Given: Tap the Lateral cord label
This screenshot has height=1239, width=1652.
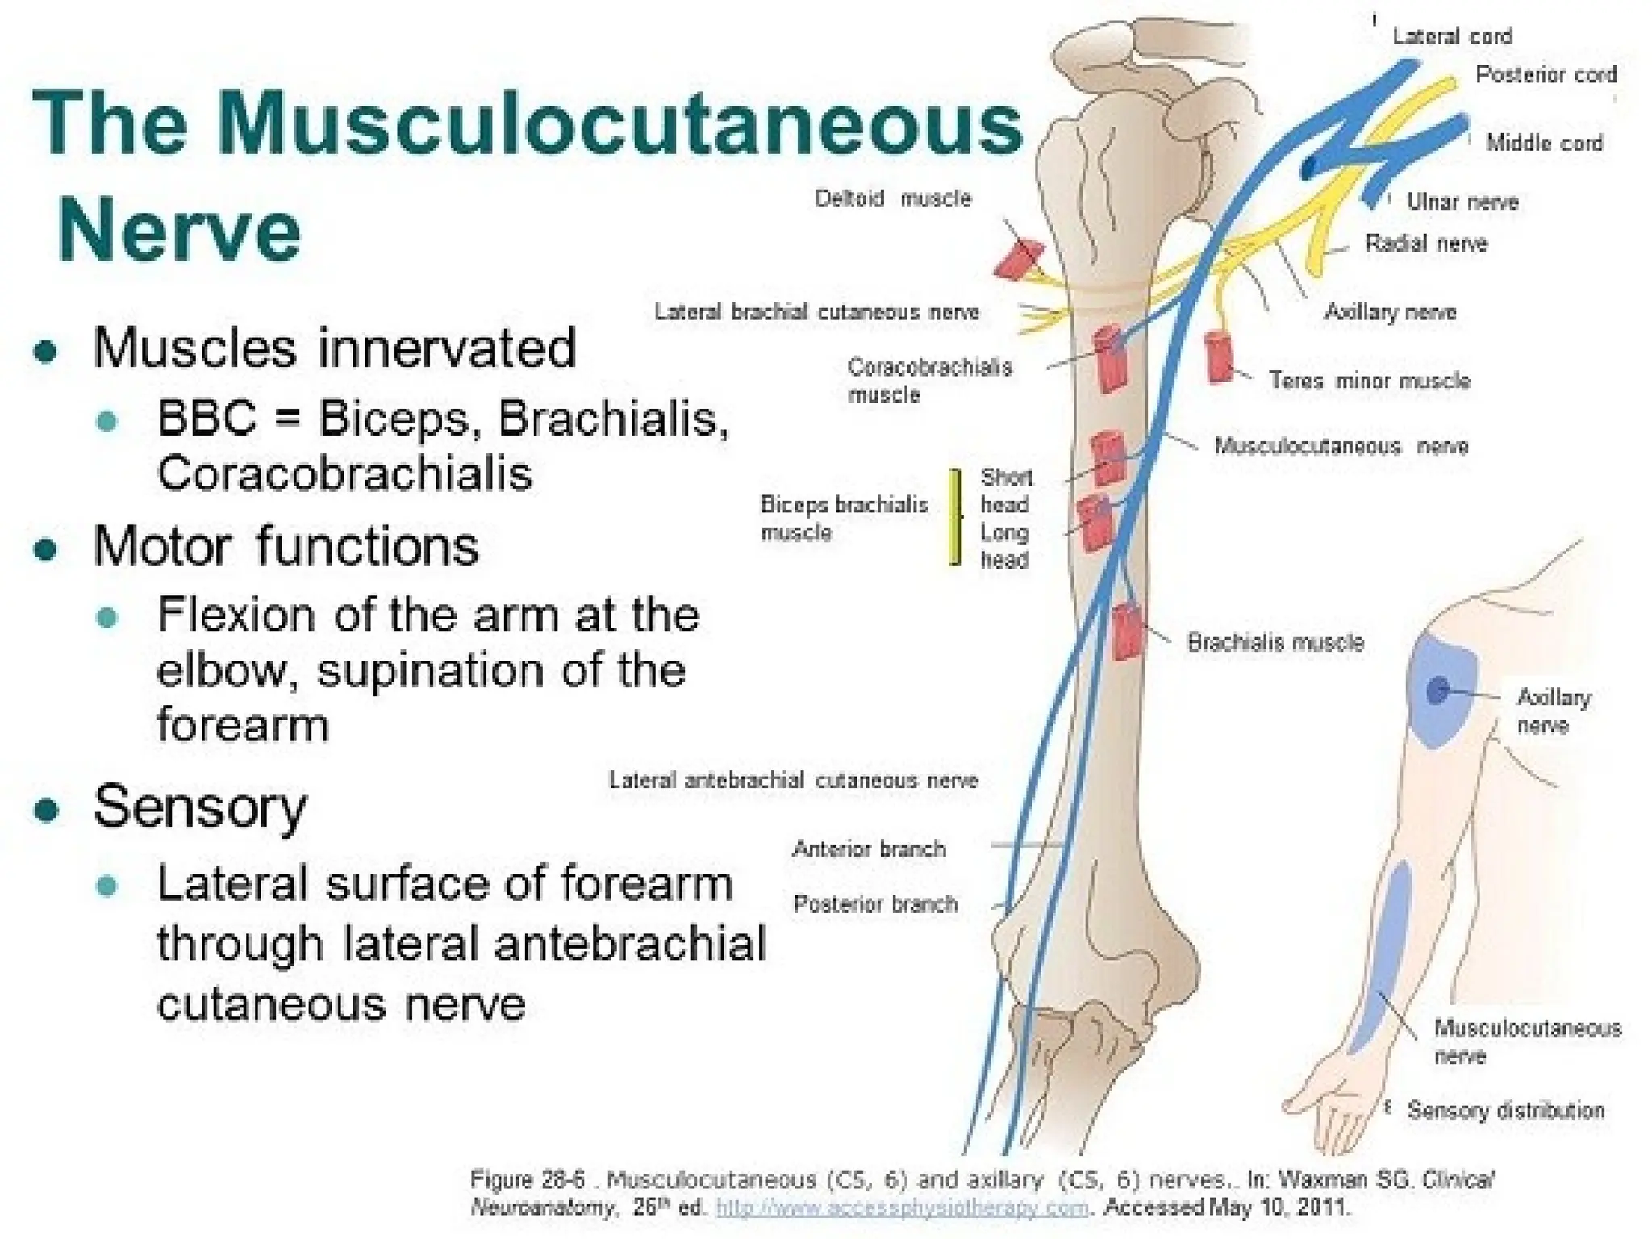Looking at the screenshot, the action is (x=1451, y=36).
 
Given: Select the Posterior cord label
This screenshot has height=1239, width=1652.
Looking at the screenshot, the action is (x=1546, y=75).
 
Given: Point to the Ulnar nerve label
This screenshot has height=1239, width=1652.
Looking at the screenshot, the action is (x=1462, y=202).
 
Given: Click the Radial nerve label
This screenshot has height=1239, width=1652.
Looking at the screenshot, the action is (x=1425, y=244).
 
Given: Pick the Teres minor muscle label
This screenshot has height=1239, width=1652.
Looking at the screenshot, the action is (x=1369, y=381).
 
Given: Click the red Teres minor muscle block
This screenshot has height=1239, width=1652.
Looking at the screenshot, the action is (x=1219, y=357).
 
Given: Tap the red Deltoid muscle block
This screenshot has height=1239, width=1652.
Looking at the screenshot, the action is (x=1019, y=259).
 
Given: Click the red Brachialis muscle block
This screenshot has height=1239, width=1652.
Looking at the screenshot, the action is (x=1127, y=632).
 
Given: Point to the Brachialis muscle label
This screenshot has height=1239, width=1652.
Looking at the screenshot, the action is (x=1274, y=643).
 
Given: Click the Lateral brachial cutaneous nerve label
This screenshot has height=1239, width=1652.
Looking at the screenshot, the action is (x=816, y=313).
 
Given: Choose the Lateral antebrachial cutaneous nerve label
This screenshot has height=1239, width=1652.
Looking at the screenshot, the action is (x=793, y=781).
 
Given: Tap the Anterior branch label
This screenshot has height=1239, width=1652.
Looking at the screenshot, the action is (x=869, y=849).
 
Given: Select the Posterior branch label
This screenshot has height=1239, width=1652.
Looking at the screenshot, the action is (x=875, y=904).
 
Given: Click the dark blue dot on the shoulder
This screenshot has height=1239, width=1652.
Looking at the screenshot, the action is (x=1437, y=690).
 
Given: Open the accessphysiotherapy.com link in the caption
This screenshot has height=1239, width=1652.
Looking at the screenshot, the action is (x=902, y=1208).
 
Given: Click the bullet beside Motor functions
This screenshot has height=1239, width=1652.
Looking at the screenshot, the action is (x=47, y=549).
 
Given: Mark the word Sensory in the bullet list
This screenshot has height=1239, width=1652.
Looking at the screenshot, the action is (x=200, y=807).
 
